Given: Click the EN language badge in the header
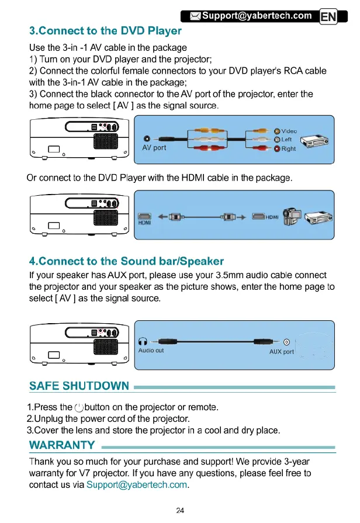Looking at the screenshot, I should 328,17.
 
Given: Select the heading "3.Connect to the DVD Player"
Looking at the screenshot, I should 105,31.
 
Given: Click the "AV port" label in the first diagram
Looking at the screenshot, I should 154,148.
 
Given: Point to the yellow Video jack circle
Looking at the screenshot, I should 276,130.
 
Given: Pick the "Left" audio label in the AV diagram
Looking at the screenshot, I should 286,140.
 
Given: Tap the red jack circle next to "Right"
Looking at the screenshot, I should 276,149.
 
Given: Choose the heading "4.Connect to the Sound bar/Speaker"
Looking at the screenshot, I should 126,261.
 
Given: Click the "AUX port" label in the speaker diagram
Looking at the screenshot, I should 281,352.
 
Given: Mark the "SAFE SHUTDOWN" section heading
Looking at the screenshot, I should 79,386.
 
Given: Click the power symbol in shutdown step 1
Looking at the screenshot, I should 79,407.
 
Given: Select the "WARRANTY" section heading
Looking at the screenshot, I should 62,446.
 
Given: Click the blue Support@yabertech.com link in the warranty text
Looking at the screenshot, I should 136,484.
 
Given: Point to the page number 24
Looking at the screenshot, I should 180,510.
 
